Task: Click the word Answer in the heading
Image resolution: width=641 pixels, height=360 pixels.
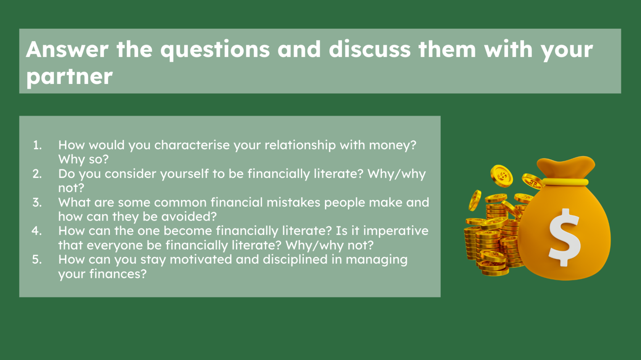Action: [67, 49]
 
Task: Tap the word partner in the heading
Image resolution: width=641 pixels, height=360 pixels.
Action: [69, 76]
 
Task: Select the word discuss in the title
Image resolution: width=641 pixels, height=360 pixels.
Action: [370, 49]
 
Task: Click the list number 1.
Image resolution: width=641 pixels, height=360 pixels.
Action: [37, 145]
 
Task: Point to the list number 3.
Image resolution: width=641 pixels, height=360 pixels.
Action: [37, 202]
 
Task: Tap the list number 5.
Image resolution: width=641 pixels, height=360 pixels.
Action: [37, 260]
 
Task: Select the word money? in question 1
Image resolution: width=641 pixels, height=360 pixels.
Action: [393, 145]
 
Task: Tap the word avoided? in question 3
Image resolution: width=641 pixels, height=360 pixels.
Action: [189, 216]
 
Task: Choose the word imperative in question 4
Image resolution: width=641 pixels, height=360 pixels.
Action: [396, 231]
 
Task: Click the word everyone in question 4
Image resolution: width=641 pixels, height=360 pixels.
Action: [115, 246]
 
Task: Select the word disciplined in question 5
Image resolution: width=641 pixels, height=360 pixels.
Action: [295, 260]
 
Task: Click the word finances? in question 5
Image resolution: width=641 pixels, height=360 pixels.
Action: [118, 274]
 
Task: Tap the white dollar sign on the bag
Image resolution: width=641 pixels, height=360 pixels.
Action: [565, 237]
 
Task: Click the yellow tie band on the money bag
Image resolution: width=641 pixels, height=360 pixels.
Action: [565, 182]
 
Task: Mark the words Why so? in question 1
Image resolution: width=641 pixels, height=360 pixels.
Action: [84, 160]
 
